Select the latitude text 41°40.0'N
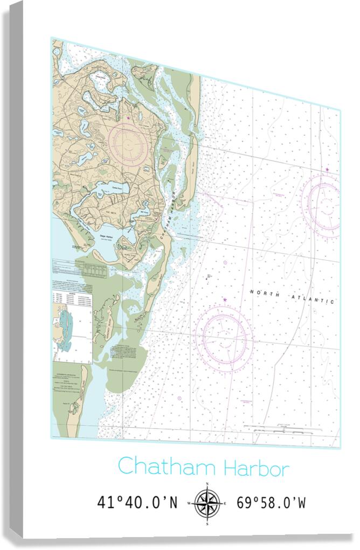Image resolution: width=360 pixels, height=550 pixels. click(137, 503)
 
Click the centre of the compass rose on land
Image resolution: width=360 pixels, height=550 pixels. click(128, 142)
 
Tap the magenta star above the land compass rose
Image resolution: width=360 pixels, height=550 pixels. click(128, 117)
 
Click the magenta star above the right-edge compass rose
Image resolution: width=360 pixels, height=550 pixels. click(327, 170)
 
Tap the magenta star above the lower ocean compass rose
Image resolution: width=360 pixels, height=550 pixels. click(225, 300)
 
